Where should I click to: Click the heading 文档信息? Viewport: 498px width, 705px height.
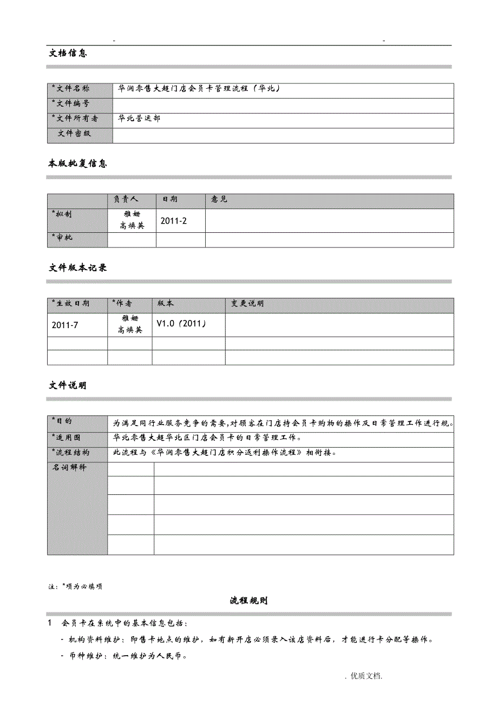(x=68, y=53)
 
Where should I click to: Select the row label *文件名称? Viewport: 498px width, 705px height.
(x=71, y=89)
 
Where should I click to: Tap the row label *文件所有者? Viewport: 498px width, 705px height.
(x=75, y=118)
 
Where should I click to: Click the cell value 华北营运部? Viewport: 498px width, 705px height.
(x=140, y=118)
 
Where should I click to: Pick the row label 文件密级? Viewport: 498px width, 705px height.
(x=75, y=133)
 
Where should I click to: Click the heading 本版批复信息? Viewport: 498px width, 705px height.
(x=78, y=164)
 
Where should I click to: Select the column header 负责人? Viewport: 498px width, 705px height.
(x=126, y=200)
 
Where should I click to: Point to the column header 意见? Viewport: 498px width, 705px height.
(x=220, y=200)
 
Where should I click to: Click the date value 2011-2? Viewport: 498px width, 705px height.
(x=174, y=221)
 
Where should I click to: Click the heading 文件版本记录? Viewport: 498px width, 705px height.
(x=78, y=267)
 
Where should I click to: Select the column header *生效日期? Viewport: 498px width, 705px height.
(x=71, y=304)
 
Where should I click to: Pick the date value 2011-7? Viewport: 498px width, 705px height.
(x=65, y=325)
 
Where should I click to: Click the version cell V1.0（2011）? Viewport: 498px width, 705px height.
(x=181, y=324)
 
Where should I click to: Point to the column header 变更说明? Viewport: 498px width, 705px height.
(x=248, y=304)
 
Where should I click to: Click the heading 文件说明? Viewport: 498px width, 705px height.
(x=68, y=386)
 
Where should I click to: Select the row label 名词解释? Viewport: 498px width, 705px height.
(x=69, y=467)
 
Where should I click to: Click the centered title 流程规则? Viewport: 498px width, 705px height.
(x=248, y=600)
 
